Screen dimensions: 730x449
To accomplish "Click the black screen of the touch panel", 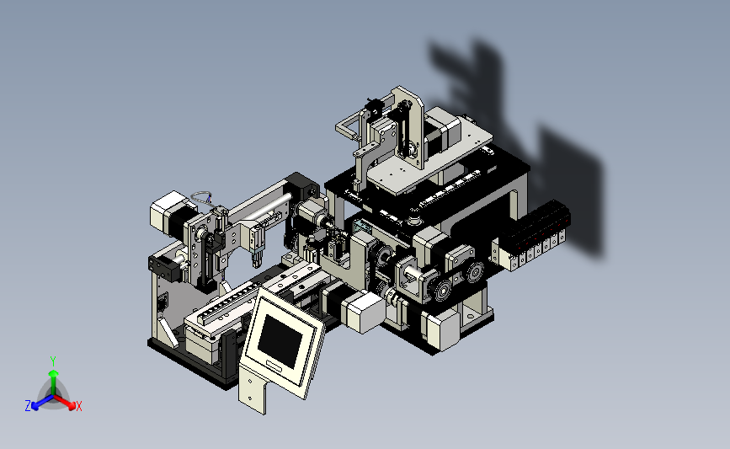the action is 280,341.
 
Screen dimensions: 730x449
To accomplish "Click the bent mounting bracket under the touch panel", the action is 254,388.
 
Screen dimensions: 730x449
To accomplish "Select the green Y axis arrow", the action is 53,382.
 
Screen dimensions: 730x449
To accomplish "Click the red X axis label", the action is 78,406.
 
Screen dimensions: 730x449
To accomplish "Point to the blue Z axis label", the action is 28,406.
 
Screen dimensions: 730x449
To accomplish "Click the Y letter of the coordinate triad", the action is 52,361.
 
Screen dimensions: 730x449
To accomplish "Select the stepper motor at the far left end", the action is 170,216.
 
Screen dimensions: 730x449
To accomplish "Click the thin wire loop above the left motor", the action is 202,197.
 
